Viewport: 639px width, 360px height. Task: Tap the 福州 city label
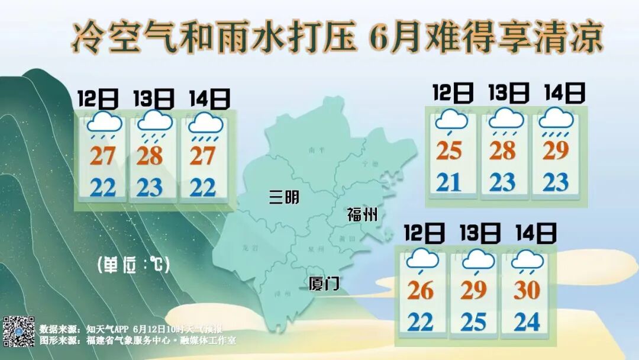[x=362, y=214]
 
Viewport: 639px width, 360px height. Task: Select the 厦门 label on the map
[x=325, y=284]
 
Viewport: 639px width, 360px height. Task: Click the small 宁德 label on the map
[x=370, y=163]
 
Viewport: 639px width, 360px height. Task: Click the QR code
[x=19, y=331]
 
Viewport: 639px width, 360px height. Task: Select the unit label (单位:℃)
[x=133, y=264]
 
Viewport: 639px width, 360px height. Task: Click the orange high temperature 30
[x=527, y=290]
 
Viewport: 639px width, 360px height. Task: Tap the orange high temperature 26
[x=421, y=291]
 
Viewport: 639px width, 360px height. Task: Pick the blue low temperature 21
[x=449, y=182]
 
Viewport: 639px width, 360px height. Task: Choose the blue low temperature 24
[x=527, y=322]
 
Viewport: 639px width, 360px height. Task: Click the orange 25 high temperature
[x=449, y=151]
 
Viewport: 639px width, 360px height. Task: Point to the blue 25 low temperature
[x=473, y=322]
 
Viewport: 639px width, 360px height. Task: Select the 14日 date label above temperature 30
[x=536, y=233]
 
